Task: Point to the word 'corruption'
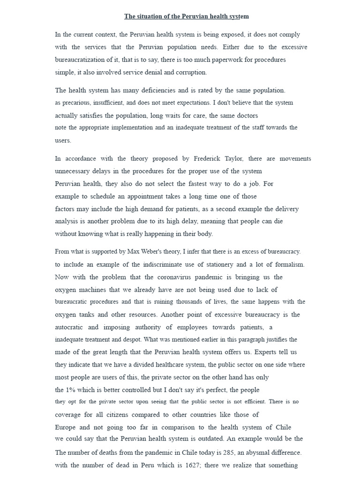(191, 73)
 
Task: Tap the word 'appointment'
(135, 196)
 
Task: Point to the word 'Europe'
(66, 427)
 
